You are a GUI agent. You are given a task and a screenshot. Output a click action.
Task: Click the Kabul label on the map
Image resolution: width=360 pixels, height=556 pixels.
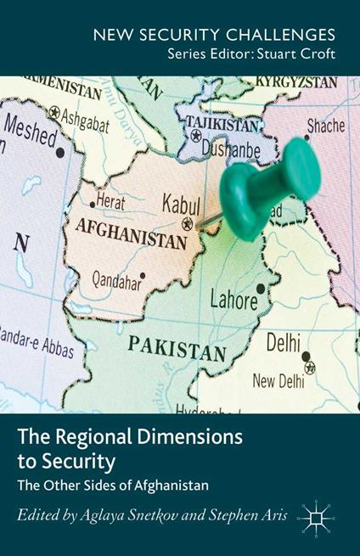point(181,205)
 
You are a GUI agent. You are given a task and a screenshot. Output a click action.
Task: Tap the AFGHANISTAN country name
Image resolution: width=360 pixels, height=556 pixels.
point(131,230)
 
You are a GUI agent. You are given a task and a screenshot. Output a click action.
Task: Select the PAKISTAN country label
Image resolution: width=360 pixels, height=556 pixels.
point(179,345)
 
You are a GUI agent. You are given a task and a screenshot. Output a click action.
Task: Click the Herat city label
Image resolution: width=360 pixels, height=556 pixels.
point(110,203)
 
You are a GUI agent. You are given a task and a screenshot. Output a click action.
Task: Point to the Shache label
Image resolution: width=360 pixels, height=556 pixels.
point(326,126)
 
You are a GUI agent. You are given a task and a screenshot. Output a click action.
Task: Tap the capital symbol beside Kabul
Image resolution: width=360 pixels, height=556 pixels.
point(187,224)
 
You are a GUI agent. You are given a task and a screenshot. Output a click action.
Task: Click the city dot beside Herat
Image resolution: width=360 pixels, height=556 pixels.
point(92,204)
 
